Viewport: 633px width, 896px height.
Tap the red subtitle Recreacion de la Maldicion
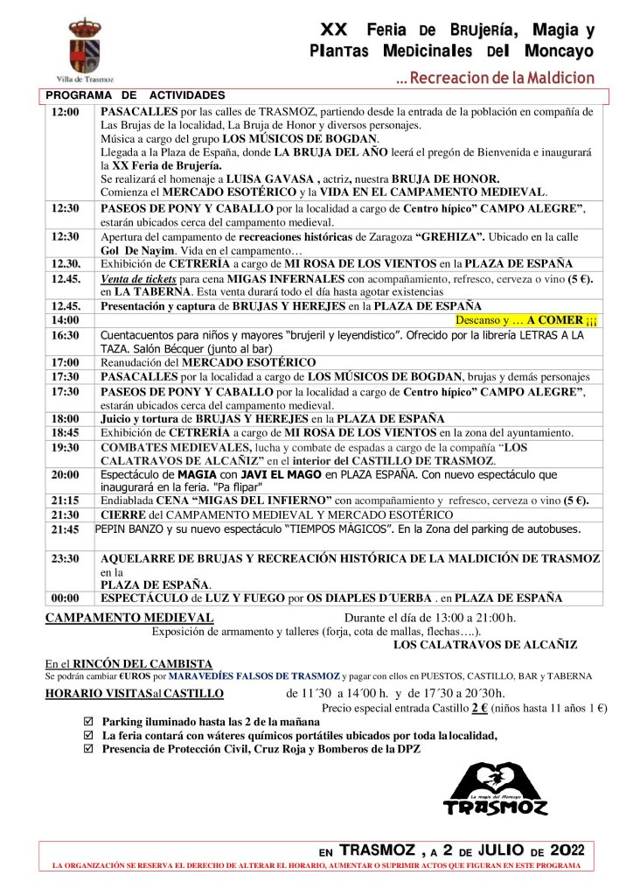tap(495, 78)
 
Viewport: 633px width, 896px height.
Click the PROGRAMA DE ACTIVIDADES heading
tap(135, 94)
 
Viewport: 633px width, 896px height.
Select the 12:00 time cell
tap(66, 113)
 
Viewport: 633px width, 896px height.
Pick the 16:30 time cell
tap(66, 335)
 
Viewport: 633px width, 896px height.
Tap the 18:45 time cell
tap(66, 432)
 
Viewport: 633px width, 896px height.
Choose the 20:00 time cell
tap(66, 474)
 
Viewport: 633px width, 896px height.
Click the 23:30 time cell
tap(66, 559)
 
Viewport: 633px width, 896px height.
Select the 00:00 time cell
tap(66, 598)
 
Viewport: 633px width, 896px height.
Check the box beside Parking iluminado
tap(87, 722)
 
